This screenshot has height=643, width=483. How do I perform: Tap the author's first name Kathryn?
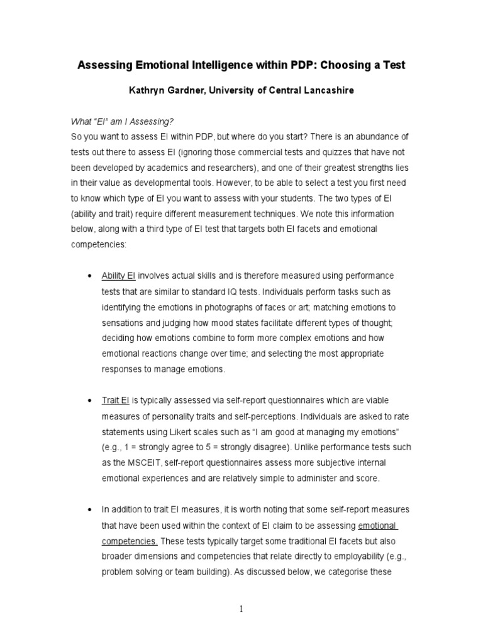click(148, 90)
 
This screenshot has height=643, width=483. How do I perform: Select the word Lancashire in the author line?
click(327, 90)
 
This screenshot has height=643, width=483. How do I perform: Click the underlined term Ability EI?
click(119, 276)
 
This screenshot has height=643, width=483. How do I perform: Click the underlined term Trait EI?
click(116, 400)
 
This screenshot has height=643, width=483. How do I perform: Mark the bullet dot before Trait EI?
click(88, 401)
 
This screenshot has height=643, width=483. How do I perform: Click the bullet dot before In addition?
click(88, 509)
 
